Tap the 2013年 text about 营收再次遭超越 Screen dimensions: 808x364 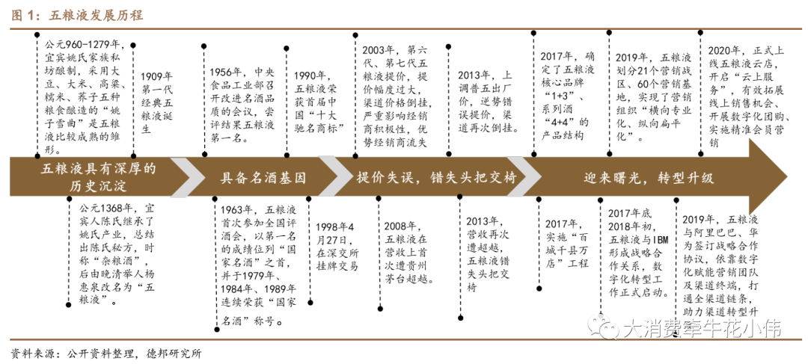488,254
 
